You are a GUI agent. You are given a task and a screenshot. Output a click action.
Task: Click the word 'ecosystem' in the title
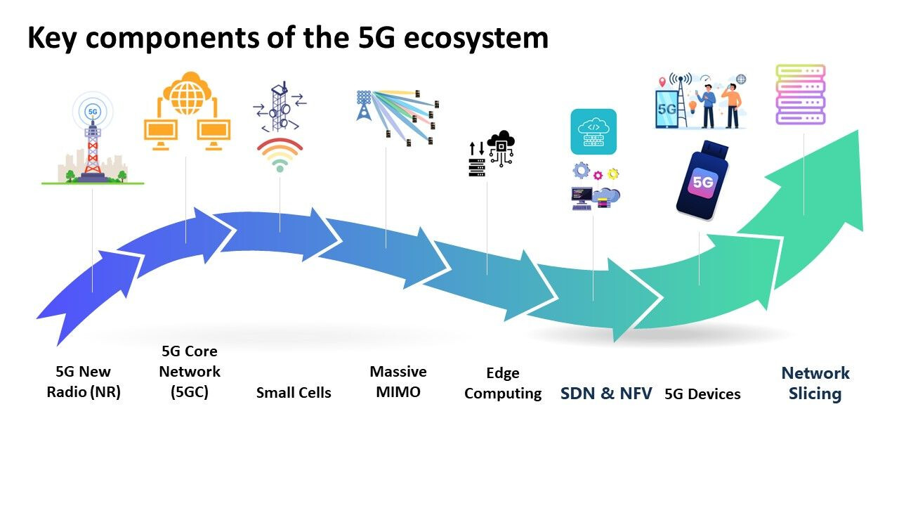tap(476, 39)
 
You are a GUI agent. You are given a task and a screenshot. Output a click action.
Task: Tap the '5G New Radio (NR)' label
tap(84, 382)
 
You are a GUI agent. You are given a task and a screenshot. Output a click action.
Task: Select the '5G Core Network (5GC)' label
tap(190, 372)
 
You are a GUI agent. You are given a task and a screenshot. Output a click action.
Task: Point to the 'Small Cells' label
tap(294, 392)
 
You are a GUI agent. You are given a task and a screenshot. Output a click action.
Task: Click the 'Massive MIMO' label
tap(398, 382)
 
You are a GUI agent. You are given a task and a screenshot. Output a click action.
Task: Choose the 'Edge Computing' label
tap(503, 383)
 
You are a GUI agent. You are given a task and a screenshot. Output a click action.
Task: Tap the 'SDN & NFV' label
tap(606, 394)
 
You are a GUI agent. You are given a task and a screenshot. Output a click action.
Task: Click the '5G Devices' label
tap(702, 394)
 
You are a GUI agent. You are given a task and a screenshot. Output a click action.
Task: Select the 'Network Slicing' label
tap(815, 383)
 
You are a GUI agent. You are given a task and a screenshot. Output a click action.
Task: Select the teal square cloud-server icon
tap(593, 131)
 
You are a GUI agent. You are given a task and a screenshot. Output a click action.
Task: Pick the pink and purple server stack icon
tap(800, 94)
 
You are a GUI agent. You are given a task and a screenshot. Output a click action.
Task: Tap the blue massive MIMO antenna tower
tap(364, 105)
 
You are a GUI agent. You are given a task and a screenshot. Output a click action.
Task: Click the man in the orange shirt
tap(732, 105)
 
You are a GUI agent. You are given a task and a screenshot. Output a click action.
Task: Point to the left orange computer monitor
tap(161, 134)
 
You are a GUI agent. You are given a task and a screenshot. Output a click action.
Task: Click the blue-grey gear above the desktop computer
tap(581, 170)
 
